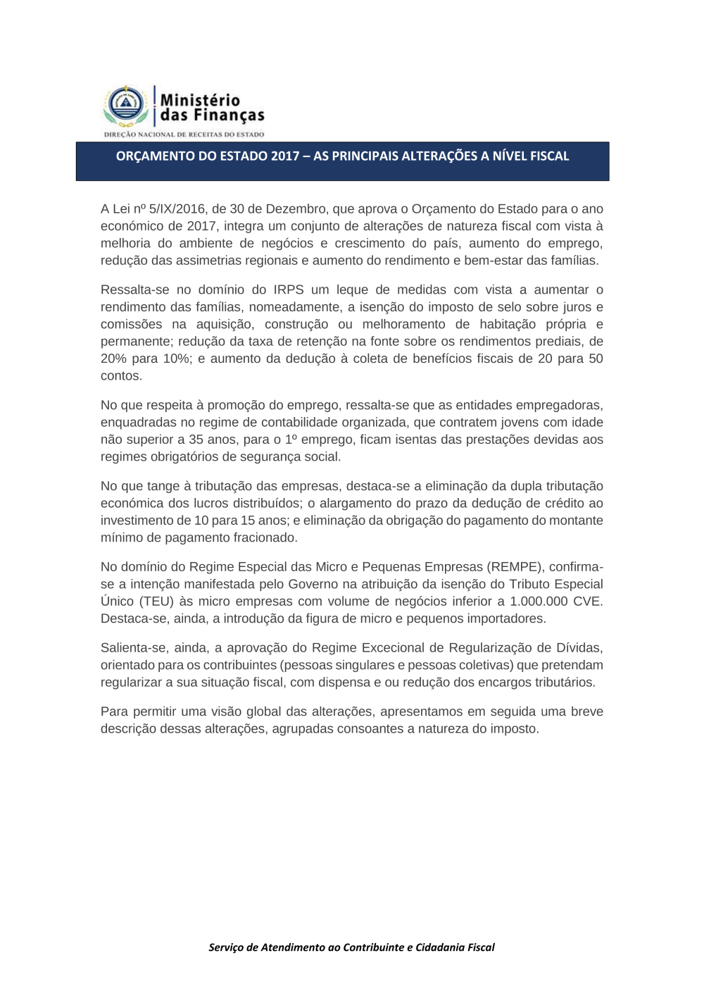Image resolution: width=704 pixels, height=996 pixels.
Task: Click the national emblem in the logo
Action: (x=126, y=105)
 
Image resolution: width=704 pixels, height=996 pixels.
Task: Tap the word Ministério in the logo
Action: (x=200, y=100)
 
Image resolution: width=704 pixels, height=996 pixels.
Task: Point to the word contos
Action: (x=121, y=375)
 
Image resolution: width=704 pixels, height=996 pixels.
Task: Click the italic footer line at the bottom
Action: (x=351, y=947)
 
